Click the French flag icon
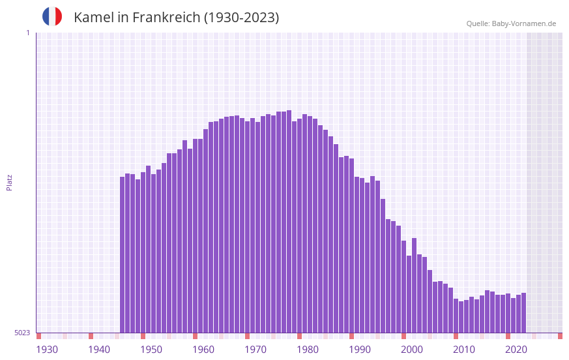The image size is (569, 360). (x=52, y=16)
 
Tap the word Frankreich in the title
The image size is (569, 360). (x=166, y=18)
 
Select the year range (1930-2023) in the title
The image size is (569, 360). (x=242, y=18)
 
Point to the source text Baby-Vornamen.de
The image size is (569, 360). (x=524, y=23)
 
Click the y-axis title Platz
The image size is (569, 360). (x=9, y=182)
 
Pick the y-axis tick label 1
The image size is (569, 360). (x=27, y=33)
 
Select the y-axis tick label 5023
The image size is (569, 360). (x=22, y=333)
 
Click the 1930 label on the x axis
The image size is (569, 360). (x=47, y=350)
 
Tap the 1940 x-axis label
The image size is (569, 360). (x=99, y=350)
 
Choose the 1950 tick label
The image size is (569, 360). (x=151, y=350)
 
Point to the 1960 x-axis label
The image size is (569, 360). (x=203, y=350)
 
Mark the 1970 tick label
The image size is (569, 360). (x=255, y=350)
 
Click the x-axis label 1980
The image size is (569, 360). (x=308, y=350)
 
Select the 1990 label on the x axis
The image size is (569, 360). (x=360, y=350)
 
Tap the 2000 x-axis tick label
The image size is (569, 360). (x=412, y=350)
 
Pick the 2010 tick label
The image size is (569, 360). (x=464, y=350)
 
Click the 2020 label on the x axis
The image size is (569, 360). (x=516, y=350)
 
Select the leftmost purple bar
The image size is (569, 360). (x=123, y=254)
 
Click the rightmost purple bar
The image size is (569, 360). (x=523, y=313)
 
